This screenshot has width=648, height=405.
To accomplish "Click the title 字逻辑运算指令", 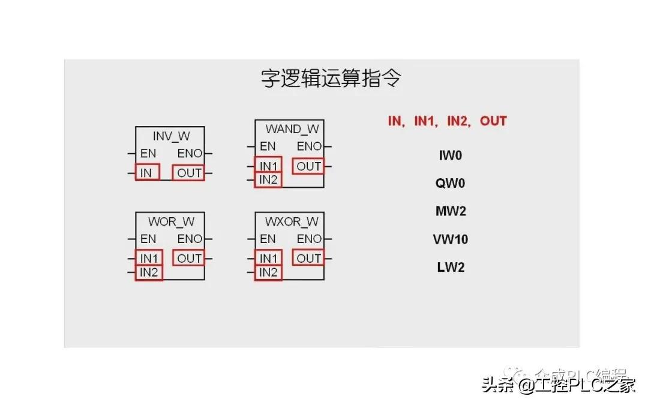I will tap(331, 79).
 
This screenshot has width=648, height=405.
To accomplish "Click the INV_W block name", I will tap(171, 136).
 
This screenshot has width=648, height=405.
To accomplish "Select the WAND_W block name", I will tap(292, 129).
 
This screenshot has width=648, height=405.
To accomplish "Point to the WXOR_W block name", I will tap(292, 221).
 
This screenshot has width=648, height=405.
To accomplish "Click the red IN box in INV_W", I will tap(147, 173).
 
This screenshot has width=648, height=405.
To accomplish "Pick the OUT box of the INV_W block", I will tap(188, 173).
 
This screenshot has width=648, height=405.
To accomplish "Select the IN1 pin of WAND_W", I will tap(268, 165).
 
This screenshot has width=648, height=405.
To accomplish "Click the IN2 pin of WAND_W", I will tap(268, 179).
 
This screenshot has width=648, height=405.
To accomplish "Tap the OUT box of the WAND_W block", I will tap(308, 166).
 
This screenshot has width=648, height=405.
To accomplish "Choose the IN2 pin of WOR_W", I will tap(148, 273).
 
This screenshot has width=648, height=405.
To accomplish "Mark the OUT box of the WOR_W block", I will tap(189, 259).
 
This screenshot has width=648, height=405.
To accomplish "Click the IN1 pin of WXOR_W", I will tap(268, 259).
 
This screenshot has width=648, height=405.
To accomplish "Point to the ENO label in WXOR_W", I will tap(310, 239).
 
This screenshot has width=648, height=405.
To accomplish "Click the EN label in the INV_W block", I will tap(148, 153).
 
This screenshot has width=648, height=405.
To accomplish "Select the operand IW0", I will tap(450, 155).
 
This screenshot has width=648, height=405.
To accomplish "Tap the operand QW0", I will tap(450, 183).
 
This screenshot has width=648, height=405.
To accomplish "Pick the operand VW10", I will tap(450, 239).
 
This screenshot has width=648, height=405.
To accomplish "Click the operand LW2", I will tap(450, 267).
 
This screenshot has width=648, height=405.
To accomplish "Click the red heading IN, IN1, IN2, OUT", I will tap(447, 121).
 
